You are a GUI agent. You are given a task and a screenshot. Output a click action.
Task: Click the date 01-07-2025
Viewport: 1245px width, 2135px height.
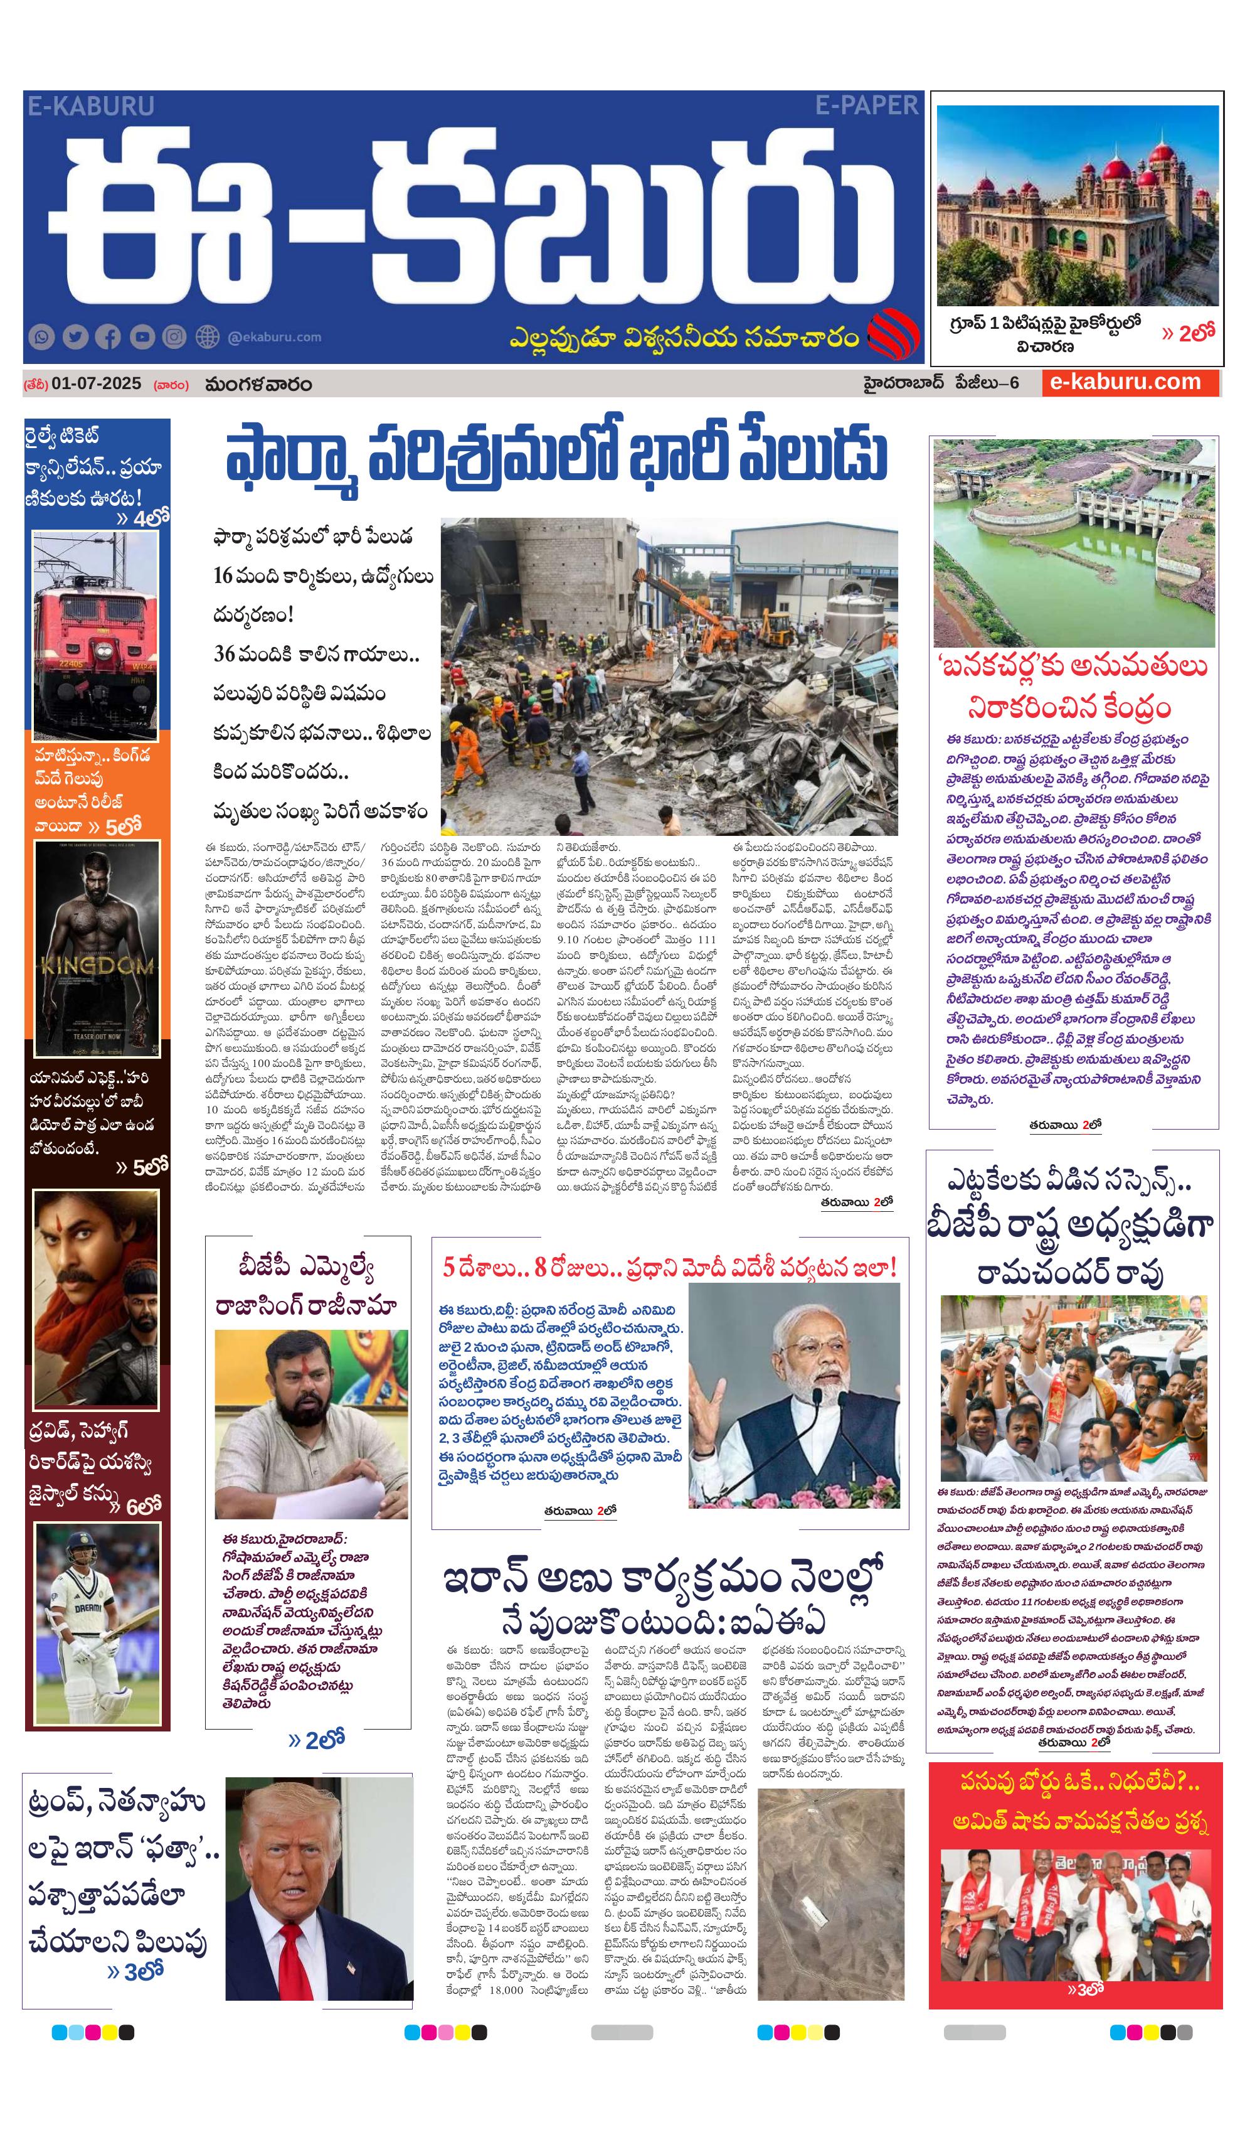point(96,383)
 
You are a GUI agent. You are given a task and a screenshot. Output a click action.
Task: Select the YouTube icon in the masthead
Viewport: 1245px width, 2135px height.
point(142,337)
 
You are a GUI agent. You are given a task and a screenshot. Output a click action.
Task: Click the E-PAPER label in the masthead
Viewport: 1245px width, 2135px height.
point(866,106)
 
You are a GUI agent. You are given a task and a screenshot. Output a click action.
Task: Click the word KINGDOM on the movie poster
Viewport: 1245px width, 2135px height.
point(97,966)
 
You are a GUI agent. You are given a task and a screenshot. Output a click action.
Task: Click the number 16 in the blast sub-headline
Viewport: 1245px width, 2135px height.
point(223,576)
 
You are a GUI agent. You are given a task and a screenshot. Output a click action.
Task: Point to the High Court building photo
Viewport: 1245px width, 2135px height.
point(1076,206)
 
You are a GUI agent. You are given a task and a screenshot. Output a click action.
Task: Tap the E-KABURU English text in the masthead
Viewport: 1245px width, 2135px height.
point(90,106)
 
